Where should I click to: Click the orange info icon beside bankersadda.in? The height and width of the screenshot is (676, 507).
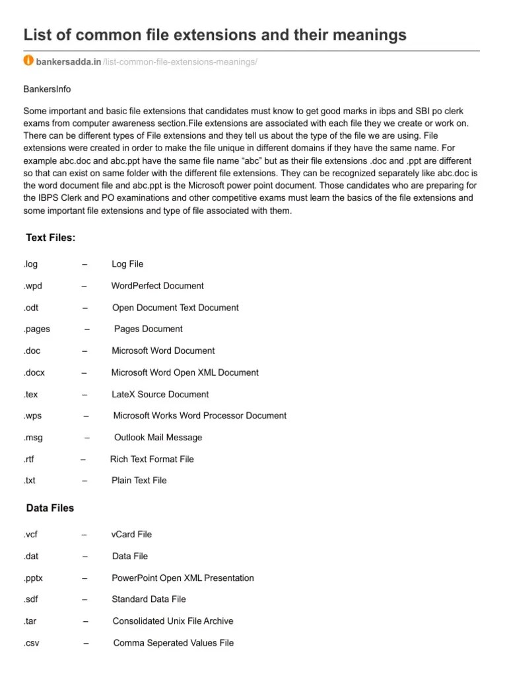coord(28,61)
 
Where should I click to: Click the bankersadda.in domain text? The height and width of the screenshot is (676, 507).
coord(69,61)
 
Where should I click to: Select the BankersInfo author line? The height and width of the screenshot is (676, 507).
coord(47,89)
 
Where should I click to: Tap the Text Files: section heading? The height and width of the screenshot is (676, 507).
coord(51,237)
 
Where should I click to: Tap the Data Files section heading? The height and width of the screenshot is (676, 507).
coord(50,508)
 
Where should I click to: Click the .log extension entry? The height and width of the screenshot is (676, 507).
coord(30,264)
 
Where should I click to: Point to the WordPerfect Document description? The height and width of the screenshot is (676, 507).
coord(157,286)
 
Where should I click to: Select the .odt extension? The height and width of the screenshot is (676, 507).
coord(31,308)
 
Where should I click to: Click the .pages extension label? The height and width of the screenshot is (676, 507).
coord(36,329)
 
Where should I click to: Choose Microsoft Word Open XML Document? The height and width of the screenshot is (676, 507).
coord(185,372)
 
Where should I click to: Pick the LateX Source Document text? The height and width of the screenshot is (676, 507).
coord(160,394)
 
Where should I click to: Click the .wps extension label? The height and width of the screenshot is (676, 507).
coord(32,416)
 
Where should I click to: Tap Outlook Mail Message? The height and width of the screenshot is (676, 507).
coord(158,437)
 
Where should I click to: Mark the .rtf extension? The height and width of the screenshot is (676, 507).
coord(29,459)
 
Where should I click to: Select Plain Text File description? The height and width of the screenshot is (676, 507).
coord(139,481)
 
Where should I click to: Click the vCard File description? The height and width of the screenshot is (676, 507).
coord(131,535)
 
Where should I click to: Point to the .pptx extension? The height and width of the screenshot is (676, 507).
coord(33,578)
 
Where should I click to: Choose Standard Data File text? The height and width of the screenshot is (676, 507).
coord(149,599)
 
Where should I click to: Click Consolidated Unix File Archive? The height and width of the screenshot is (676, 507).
coord(172,621)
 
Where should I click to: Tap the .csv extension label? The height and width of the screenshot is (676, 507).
coord(31,643)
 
